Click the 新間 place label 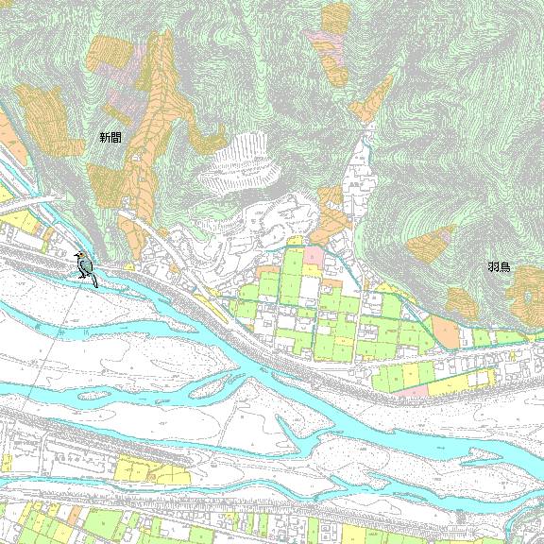click(110, 138)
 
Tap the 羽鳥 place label click(499, 267)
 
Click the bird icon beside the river click(86, 268)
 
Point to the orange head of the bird click(80, 257)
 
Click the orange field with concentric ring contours click(526, 288)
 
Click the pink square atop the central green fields click(314, 256)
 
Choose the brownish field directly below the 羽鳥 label click(462, 301)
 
